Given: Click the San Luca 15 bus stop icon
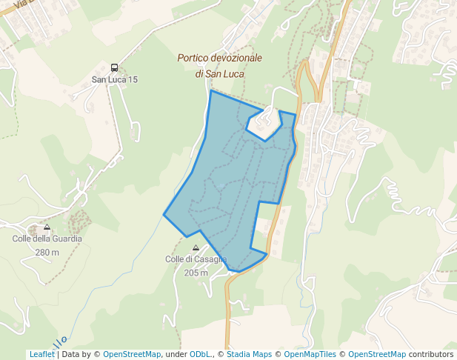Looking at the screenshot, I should [x=114, y=67].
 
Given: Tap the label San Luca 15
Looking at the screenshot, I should [x=114, y=79].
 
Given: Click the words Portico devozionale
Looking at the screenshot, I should [x=219, y=58].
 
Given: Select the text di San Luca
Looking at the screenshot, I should [x=219, y=74].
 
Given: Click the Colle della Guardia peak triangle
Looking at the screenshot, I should [x=47, y=227].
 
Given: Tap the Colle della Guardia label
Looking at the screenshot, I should [x=47, y=239].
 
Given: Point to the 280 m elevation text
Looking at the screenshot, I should [x=47, y=253].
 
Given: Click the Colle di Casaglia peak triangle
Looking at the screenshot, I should [x=196, y=248].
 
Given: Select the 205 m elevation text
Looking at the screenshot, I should [x=196, y=273].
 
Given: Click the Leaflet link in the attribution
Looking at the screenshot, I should [x=42, y=354].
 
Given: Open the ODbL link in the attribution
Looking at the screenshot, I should [x=200, y=354].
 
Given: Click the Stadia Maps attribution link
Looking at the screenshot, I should [x=249, y=354].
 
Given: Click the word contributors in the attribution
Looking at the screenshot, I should [x=430, y=354].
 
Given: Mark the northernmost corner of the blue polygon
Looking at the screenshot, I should [x=211, y=91].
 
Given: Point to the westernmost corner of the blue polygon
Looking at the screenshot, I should [x=164, y=214].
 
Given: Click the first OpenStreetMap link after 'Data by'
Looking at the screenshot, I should [x=132, y=354].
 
